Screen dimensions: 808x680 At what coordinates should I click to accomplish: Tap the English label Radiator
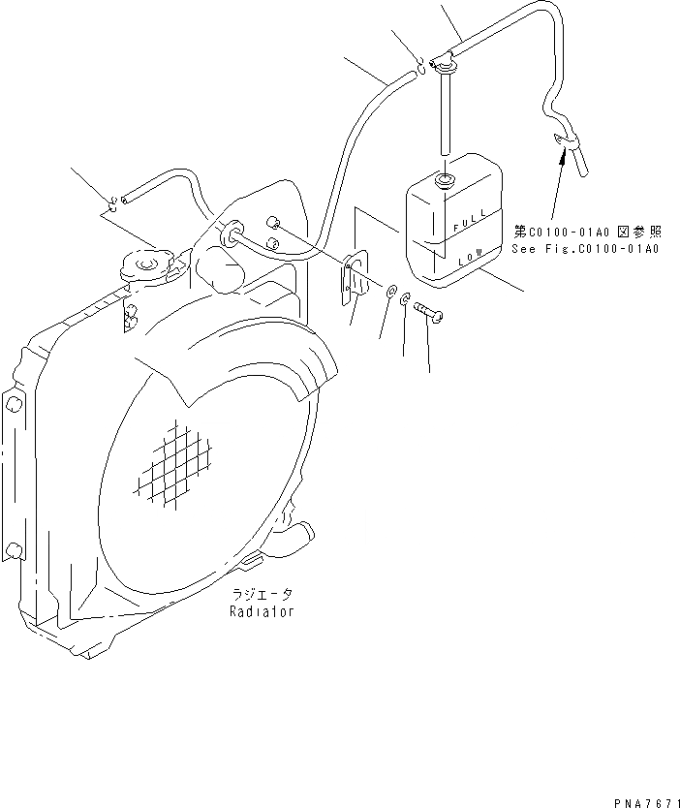point(262,612)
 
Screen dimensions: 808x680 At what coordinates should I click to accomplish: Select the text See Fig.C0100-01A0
point(585,249)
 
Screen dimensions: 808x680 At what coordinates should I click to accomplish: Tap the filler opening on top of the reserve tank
point(448,180)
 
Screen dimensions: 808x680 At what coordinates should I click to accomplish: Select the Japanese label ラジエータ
point(262,594)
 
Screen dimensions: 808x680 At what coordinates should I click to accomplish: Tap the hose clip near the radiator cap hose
point(113,202)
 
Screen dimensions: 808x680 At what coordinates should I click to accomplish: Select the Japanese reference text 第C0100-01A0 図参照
point(588,232)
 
